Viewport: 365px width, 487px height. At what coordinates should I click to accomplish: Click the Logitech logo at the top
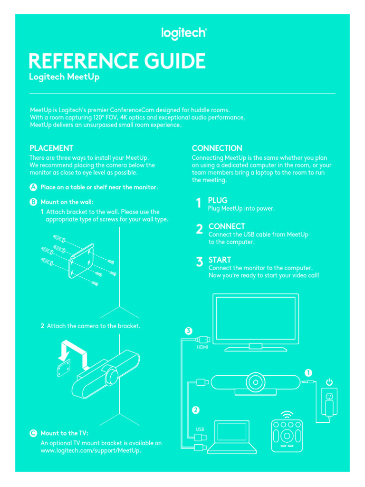(x=184, y=33)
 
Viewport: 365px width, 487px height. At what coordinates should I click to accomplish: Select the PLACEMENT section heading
(x=51, y=148)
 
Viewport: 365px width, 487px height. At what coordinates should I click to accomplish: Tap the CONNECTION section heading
(x=217, y=148)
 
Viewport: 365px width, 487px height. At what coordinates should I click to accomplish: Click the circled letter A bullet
(x=34, y=187)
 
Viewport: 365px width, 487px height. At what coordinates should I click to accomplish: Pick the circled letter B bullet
(x=34, y=202)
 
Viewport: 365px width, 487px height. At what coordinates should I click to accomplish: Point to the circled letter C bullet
(x=34, y=433)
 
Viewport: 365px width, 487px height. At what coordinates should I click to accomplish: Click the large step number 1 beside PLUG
(x=199, y=204)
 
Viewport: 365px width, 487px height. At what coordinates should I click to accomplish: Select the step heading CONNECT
(x=227, y=226)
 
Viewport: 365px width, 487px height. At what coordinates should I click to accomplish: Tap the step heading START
(x=220, y=260)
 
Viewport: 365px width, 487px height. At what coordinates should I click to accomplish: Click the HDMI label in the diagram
(x=202, y=348)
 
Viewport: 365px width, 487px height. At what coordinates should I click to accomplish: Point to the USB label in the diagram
(x=200, y=429)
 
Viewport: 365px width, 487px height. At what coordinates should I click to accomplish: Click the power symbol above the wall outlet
(x=329, y=382)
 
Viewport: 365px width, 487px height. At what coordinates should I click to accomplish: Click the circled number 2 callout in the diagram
(x=195, y=409)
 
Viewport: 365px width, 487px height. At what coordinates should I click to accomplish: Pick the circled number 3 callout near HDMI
(x=189, y=331)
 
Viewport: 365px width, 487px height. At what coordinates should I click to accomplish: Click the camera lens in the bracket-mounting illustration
(x=112, y=374)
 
